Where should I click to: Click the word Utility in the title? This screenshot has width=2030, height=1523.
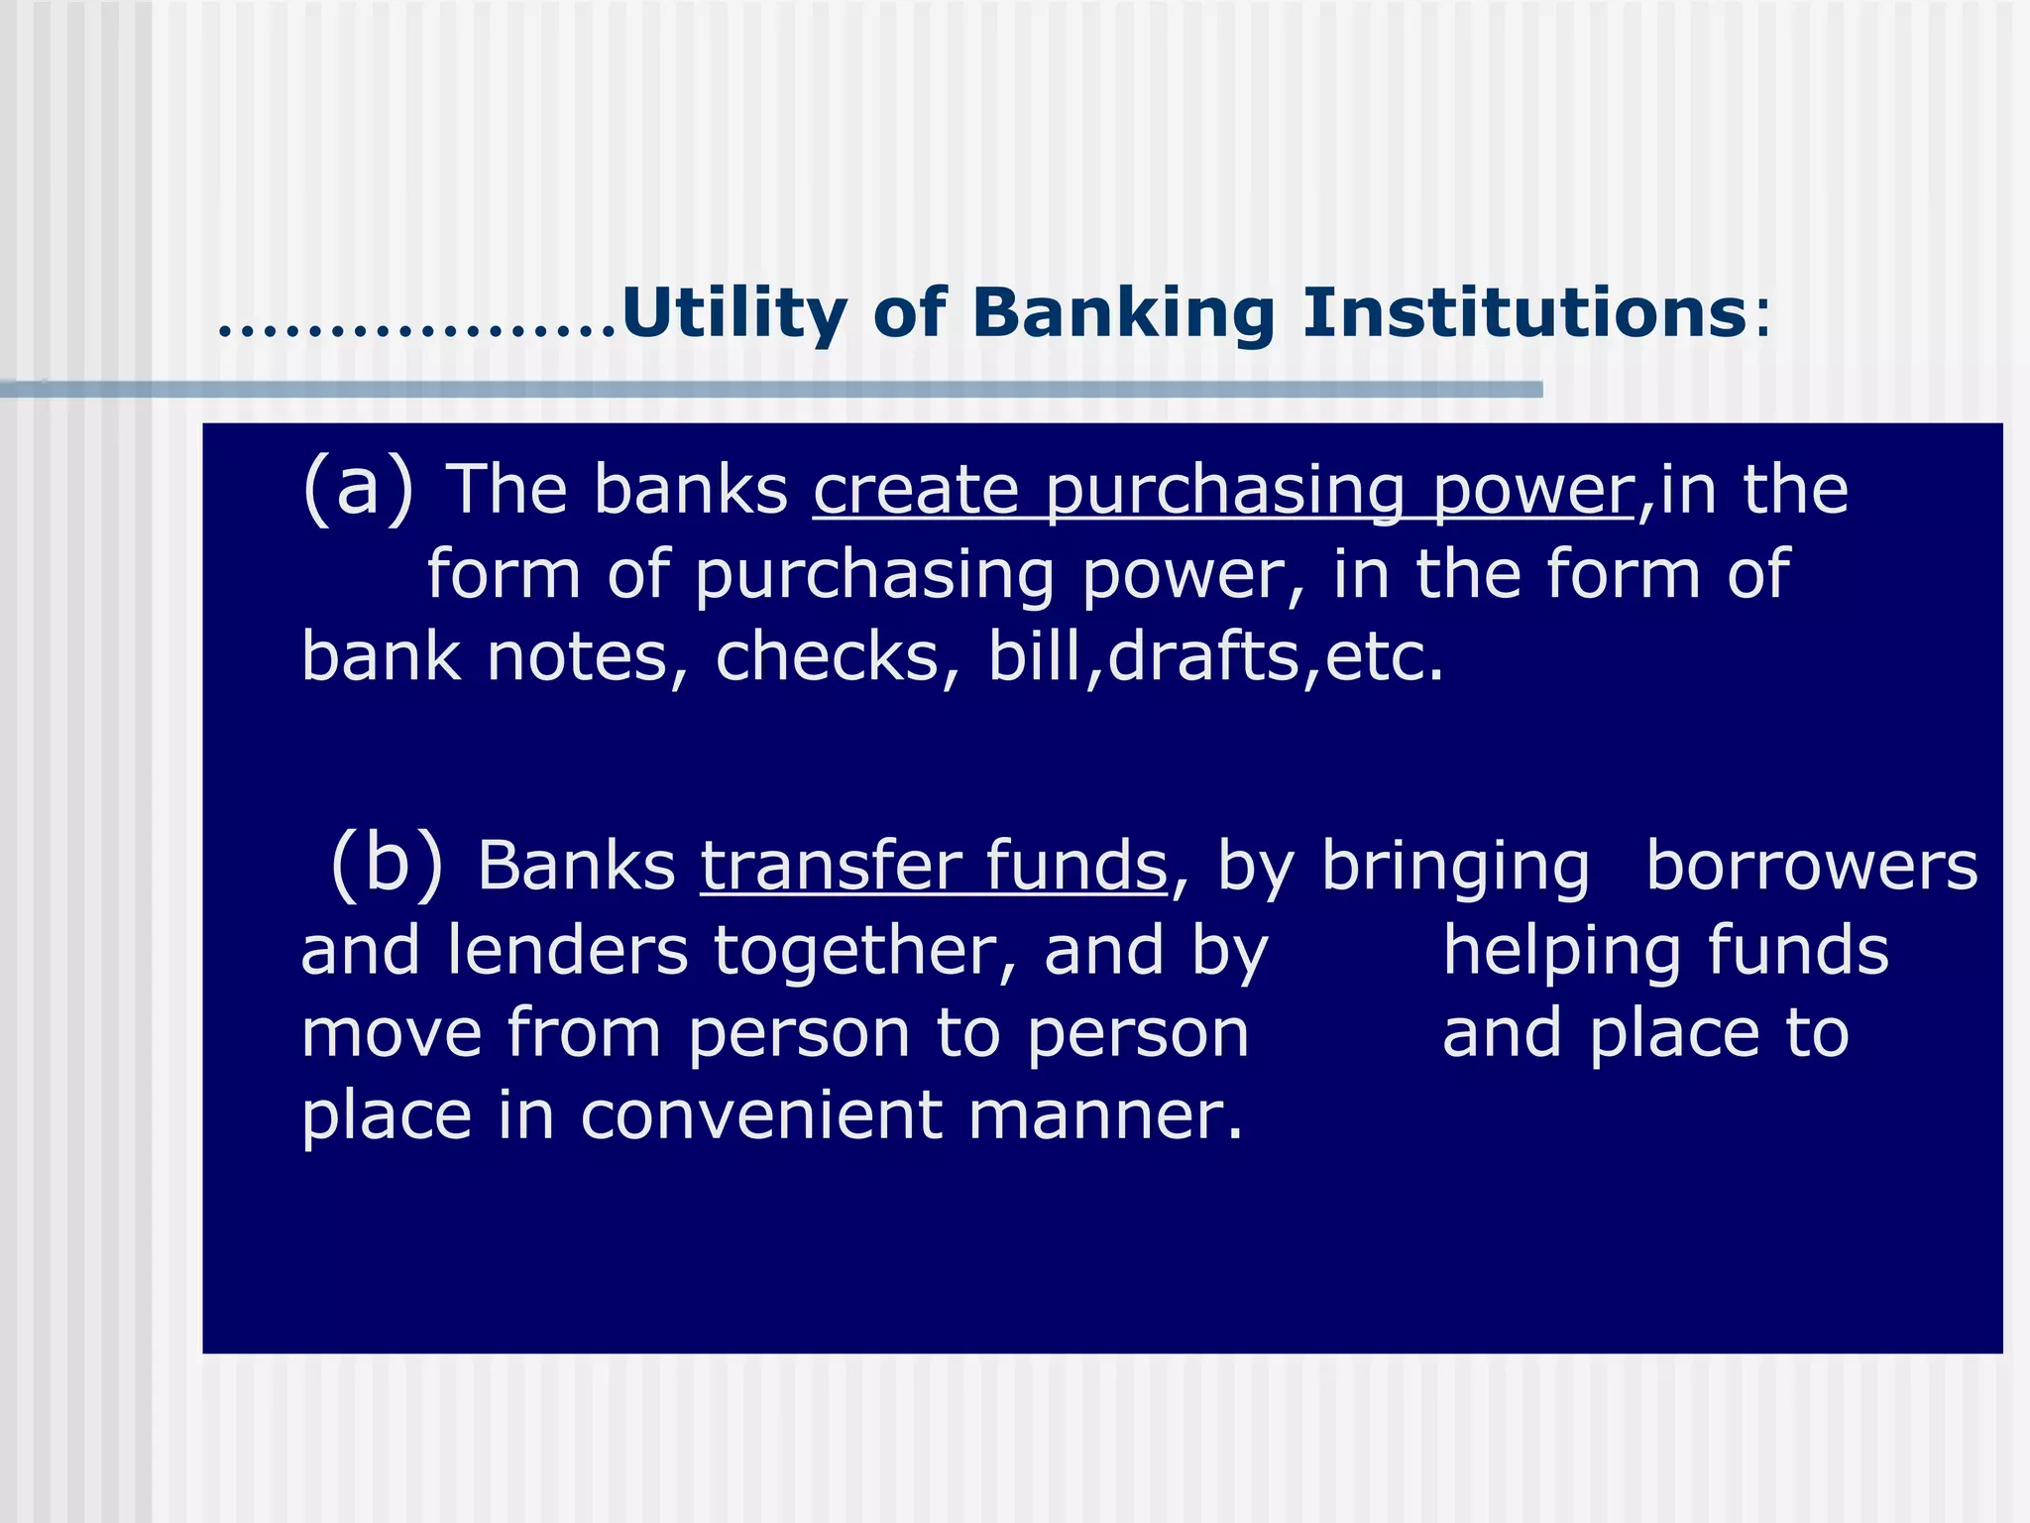(733, 313)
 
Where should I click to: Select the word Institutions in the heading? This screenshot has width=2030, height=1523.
(1523, 313)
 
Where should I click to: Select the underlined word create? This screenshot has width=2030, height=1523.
(916, 490)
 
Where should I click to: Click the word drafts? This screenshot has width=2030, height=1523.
(1203, 656)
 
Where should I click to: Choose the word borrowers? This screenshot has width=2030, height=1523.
(1811, 866)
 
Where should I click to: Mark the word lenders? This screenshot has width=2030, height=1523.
(567, 950)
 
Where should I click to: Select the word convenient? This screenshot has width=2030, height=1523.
(761, 1115)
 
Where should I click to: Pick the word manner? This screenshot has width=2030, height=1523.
(1104, 1115)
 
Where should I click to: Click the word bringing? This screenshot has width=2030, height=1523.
(1455, 868)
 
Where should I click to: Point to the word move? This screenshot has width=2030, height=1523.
(392, 1033)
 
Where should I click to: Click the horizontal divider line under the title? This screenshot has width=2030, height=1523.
(773, 390)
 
